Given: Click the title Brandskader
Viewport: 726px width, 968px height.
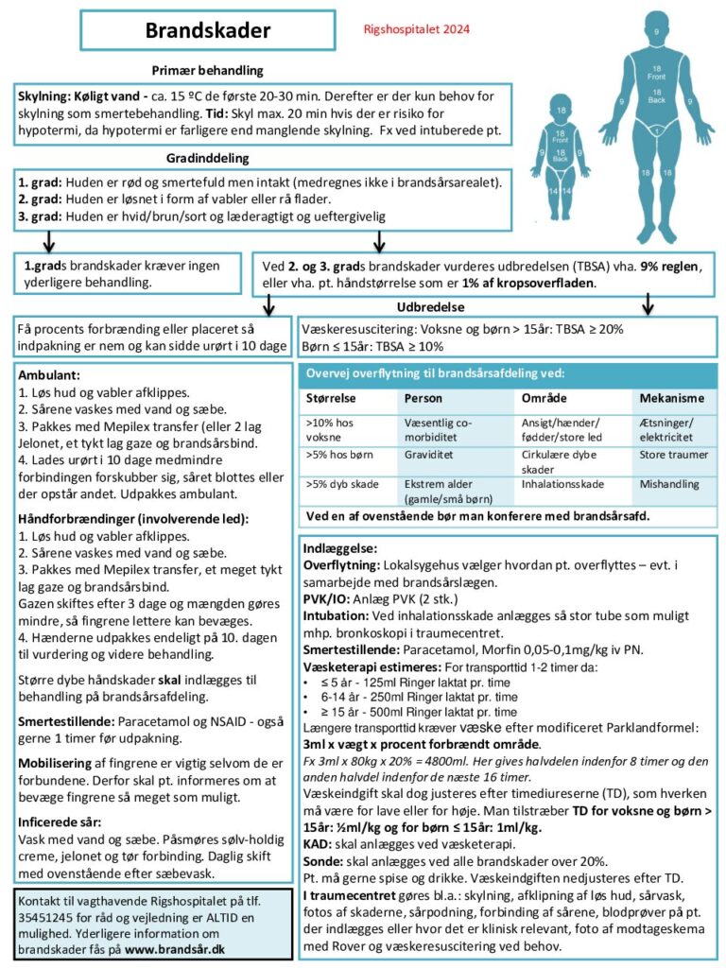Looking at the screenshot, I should tap(207, 30).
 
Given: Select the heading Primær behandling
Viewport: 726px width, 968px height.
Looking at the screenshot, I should tap(207, 71).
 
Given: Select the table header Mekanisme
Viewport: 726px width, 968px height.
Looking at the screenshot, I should tap(671, 398).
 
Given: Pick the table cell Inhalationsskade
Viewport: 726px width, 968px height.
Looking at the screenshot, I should tap(563, 483).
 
